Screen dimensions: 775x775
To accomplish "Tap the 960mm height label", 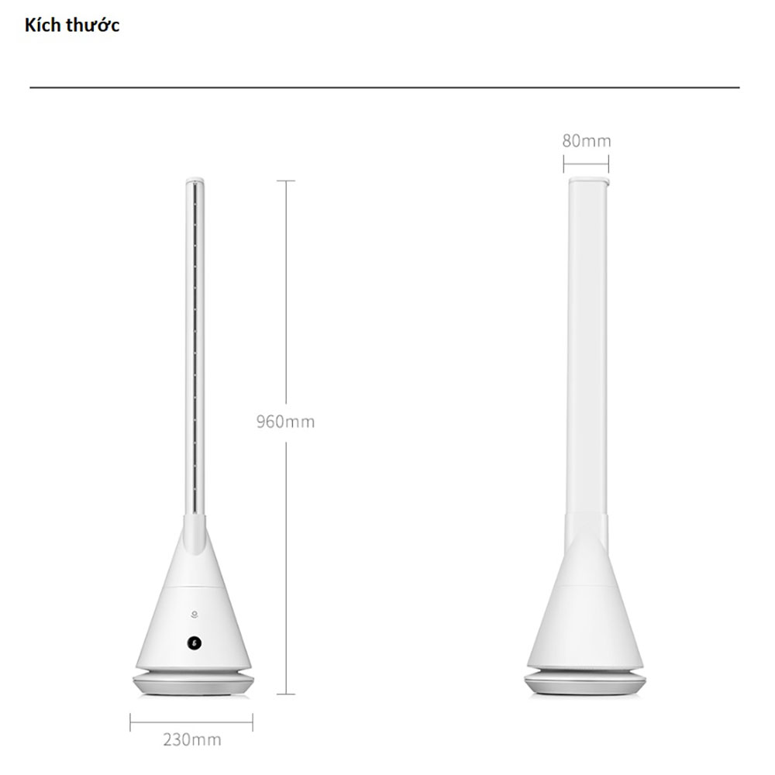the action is pyautogui.click(x=285, y=422).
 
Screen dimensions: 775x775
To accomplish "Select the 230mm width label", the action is pyautogui.click(x=192, y=740).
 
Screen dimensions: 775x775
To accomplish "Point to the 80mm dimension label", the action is pyautogui.click(x=587, y=141).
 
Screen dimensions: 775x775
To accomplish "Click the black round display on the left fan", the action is pyautogui.click(x=195, y=643).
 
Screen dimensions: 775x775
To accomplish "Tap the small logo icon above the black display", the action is pyautogui.click(x=195, y=615).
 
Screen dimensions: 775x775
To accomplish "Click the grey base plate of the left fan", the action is pyautogui.click(x=193, y=684).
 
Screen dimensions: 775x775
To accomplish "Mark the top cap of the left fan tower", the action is pyautogui.click(x=195, y=181).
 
